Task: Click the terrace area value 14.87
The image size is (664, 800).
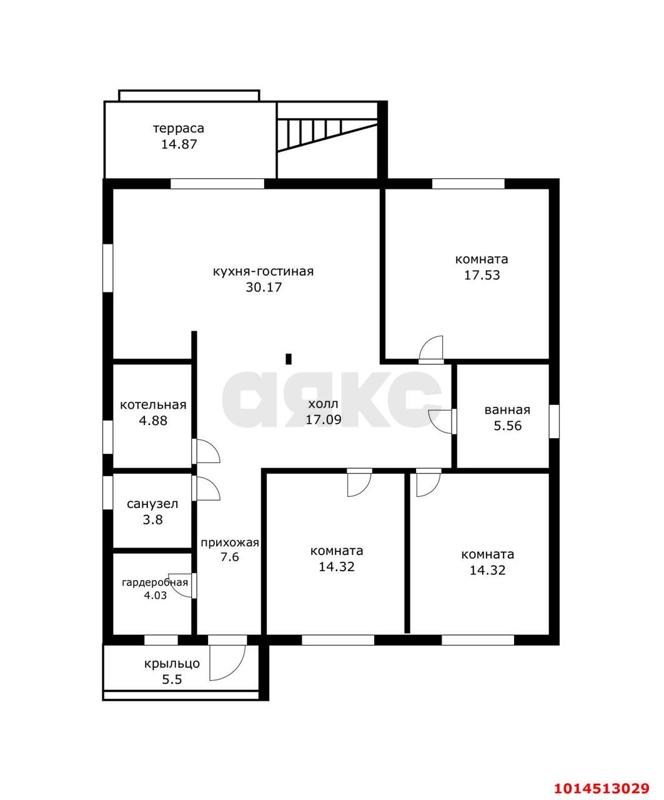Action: coord(179,144)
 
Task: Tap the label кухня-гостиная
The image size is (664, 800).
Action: coord(263,271)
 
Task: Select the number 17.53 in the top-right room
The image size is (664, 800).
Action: coord(482,275)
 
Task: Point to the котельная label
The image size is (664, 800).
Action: coord(153,405)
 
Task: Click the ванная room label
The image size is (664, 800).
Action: coord(507,410)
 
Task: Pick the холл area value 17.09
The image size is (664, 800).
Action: coord(324,419)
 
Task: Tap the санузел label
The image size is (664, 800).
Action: coord(152,504)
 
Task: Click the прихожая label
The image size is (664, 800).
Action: coord(230,543)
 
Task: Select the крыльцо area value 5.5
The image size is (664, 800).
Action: coord(172,680)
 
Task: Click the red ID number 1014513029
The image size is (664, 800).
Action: coord(602,777)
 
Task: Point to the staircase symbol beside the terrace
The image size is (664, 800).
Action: coord(327,135)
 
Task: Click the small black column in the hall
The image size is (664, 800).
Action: coord(289,359)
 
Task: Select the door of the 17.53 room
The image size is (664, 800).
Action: coord(431,349)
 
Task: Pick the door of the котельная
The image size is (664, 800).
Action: coord(206,451)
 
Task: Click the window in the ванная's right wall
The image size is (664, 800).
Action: coord(554,421)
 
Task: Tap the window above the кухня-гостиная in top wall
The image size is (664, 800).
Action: coord(217,184)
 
